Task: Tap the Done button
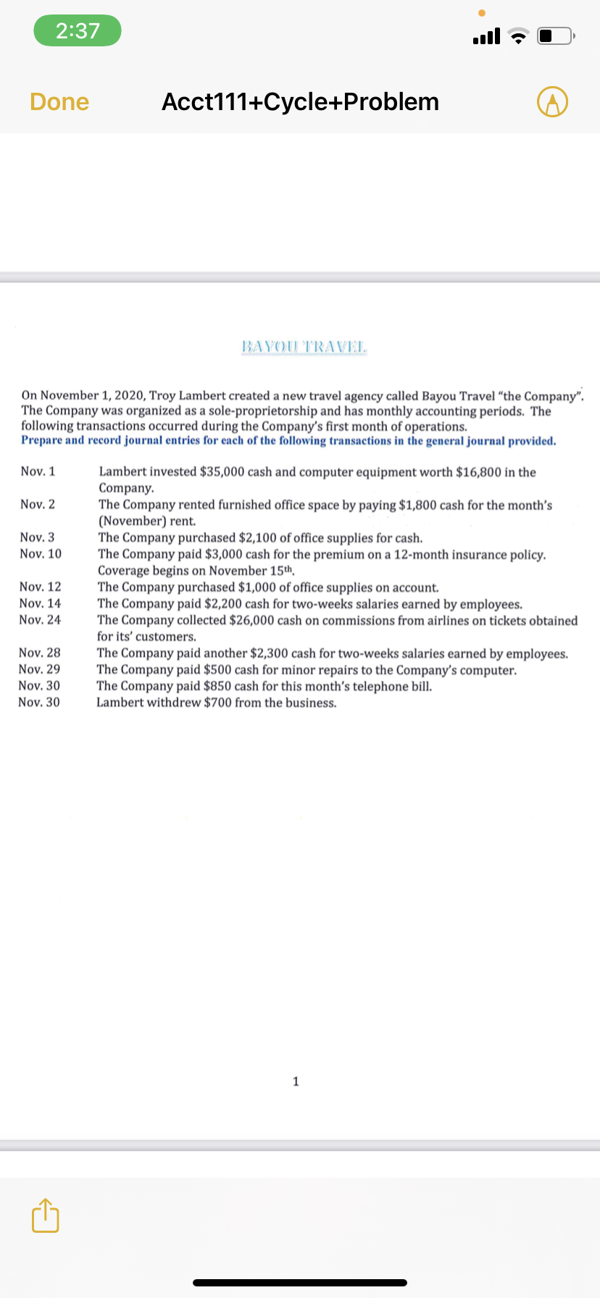click(59, 102)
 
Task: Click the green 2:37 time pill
click(78, 30)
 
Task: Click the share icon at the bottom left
click(45, 1215)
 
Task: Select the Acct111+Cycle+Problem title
click(300, 102)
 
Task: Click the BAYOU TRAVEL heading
click(304, 346)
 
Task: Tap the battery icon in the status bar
click(556, 35)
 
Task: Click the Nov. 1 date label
click(38, 472)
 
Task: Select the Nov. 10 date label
click(41, 554)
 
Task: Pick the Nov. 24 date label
click(40, 620)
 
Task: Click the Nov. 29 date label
click(39, 669)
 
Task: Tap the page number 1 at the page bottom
click(296, 1081)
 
